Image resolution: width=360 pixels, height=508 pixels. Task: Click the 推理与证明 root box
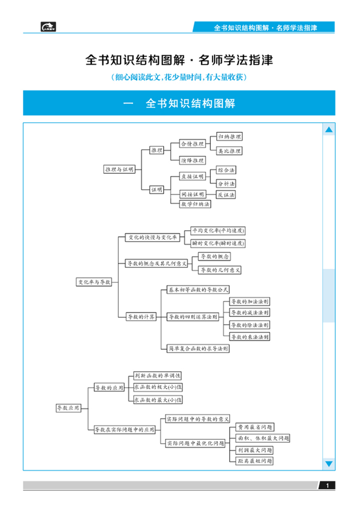[x=119, y=169]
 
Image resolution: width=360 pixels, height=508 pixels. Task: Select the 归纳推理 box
[x=229, y=137]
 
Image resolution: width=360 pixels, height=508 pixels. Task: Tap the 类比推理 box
[x=229, y=151]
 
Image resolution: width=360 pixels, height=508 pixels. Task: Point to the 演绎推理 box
[x=192, y=160]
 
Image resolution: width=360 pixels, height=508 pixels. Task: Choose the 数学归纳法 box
[x=195, y=204]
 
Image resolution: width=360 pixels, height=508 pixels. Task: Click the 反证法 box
[x=226, y=195]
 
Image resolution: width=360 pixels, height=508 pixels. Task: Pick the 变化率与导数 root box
[x=94, y=282]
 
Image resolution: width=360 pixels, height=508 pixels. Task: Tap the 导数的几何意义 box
[x=220, y=270]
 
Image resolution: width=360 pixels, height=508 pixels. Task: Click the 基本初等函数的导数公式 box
[x=198, y=290]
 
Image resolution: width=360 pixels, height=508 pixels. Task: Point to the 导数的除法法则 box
[x=250, y=325]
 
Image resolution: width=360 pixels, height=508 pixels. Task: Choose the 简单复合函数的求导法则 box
[x=198, y=349]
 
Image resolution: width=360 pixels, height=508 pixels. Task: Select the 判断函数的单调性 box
[x=157, y=375]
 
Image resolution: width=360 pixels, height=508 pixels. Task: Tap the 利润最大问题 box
[x=255, y=450]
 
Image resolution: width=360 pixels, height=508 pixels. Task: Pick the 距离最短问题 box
[x=255, y=461]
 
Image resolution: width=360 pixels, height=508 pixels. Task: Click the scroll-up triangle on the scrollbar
[x=329, y=130]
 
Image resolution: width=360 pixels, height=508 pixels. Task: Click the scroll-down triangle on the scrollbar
[x=329, y=463]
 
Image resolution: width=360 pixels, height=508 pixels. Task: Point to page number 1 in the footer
[x=327, y=486]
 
